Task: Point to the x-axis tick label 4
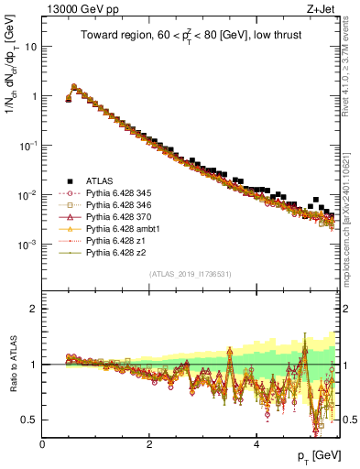pyautogui.click(x=256, y=444)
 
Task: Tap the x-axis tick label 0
pyautogui.click(x=43, y=444)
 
